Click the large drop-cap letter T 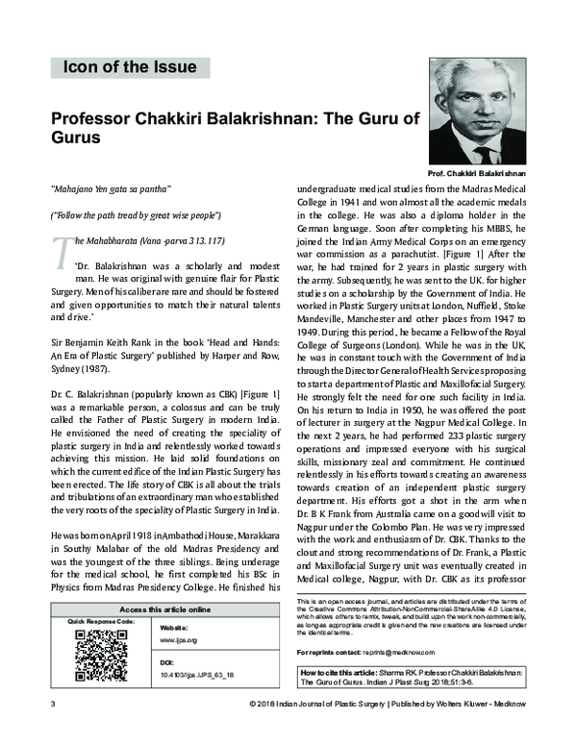[60, 248]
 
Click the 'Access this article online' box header [164, 610]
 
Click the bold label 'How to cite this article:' [339, 671]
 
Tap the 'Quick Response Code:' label [98, 622]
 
